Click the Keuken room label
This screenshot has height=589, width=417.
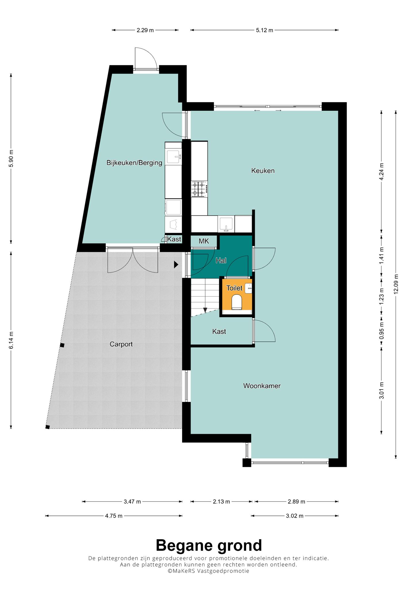click(263, 171)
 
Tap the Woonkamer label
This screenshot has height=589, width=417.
click(262, 386)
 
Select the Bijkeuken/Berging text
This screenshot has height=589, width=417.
click(134, 163)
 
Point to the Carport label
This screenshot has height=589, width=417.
click(121, 344)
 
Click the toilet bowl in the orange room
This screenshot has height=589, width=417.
click(237, 302)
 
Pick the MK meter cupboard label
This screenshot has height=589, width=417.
click(204, 241)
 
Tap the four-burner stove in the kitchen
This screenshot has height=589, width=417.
click(199, 189)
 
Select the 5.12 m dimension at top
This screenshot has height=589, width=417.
click(264, 30)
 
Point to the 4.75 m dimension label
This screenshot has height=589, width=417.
click(114, 516)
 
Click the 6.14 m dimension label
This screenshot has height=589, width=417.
click(11, 341)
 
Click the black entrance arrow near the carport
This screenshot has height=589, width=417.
click(176, 265)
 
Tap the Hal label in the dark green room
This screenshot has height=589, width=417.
click(221, 261)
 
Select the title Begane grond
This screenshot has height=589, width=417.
click(209, 545)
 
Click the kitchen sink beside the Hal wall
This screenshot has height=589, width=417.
click(226, 224)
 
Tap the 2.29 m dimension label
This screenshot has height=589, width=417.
click(145, 30)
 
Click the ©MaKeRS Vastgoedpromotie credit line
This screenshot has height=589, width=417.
click(208, 571)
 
